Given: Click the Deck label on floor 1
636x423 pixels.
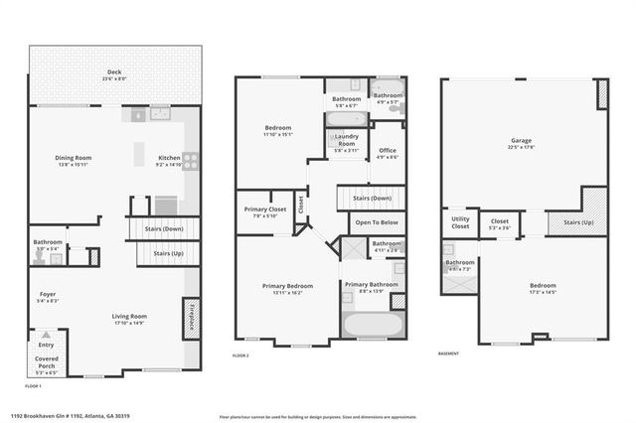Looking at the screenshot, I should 114,72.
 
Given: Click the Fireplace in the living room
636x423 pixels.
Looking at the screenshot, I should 190,317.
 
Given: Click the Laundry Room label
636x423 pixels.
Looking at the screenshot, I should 346,139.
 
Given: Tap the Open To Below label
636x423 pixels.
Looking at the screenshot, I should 377,222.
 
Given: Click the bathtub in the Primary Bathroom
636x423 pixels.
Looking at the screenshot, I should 372,325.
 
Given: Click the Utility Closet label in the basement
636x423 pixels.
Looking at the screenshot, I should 460,222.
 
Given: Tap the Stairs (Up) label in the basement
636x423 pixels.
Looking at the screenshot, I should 577,222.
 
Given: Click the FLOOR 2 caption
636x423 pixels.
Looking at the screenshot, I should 239,354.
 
